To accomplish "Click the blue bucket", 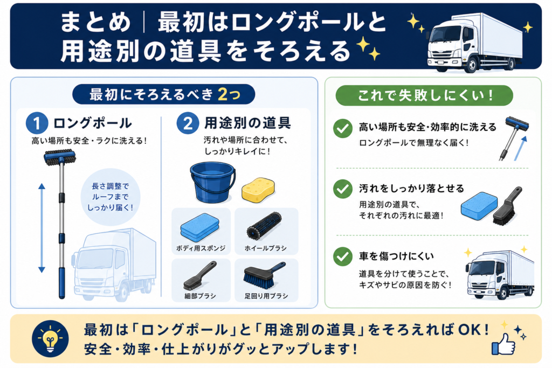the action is click(212, 182).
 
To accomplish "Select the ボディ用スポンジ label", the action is click(201, 248).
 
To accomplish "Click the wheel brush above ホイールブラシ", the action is click(264, 226).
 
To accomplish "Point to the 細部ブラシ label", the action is click(201, 296).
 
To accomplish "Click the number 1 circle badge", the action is click(37, 123).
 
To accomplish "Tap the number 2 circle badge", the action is click(188, 123).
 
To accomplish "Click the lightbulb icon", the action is click(50, 338).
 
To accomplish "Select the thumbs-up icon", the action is click(503, 344).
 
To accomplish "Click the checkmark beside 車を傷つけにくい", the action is click(342, 256).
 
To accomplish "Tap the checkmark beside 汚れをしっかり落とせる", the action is click(342, 189).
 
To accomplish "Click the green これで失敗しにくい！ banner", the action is click(424, 95).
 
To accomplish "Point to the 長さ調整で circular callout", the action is click(110, 197).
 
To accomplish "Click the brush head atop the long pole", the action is click(60, 157).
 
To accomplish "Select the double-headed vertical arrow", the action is click(42, 228).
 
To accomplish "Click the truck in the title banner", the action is click(475, 43).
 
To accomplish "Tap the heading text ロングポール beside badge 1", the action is click(93, 123).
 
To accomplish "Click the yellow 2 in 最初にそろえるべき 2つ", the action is click(223, 94).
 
